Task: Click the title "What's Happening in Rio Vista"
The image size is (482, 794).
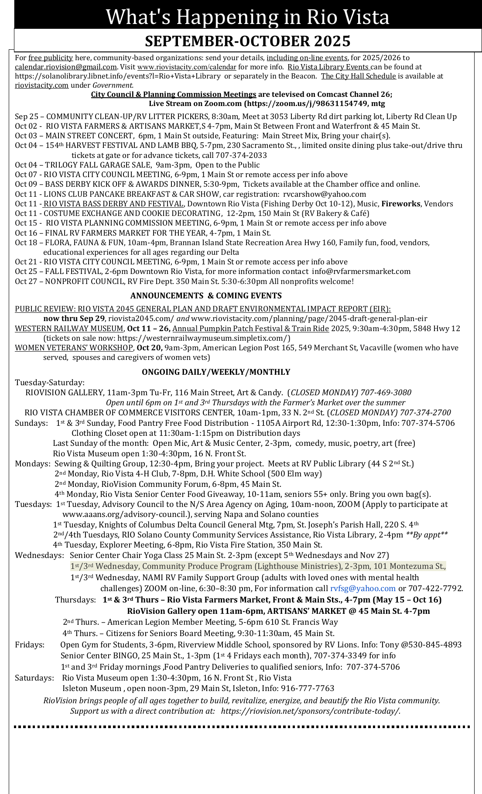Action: [247, 17]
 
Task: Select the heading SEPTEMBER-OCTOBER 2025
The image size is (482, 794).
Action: [247, 41]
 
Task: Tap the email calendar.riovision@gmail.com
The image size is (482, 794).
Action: [66, 67]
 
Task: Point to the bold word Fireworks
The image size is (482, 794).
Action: [401, 204]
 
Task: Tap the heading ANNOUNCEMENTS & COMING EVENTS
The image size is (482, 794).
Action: [206, 295]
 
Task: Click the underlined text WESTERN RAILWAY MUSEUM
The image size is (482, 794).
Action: [69, 329]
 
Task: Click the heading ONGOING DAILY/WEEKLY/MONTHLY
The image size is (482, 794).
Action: [216, 372]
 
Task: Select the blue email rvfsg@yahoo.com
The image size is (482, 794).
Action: [362, 589]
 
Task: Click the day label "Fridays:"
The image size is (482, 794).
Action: [30, 644]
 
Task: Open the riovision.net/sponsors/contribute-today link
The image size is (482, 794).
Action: [310, 711]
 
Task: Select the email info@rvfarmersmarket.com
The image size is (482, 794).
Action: [361, 271]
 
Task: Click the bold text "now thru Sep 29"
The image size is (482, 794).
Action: [74, 318]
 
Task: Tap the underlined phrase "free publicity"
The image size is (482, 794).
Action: [51, 58]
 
